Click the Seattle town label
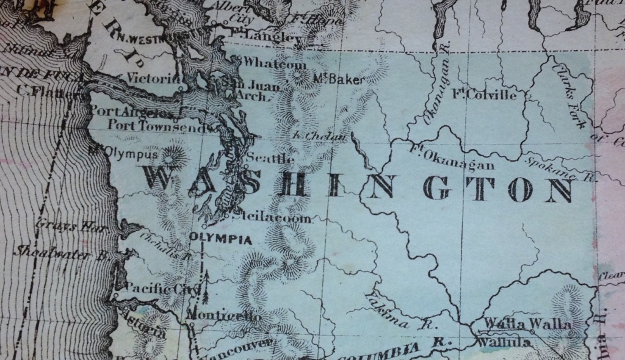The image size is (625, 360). [x=270, y=159]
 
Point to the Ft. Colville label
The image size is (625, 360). [x=485, y=95]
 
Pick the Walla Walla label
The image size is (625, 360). [x=529, y=325]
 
